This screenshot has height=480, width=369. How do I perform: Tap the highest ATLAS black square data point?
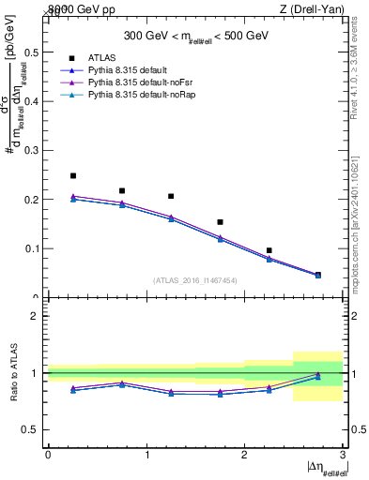point(73,175)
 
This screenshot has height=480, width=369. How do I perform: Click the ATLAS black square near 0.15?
point(220,222)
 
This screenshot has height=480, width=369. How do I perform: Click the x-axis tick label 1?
point(146,455)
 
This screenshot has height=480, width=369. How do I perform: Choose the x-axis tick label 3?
point(343,455)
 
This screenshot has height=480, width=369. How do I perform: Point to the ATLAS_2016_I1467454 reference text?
point(195,280)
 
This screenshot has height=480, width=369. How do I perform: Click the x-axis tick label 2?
point(244,455)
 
